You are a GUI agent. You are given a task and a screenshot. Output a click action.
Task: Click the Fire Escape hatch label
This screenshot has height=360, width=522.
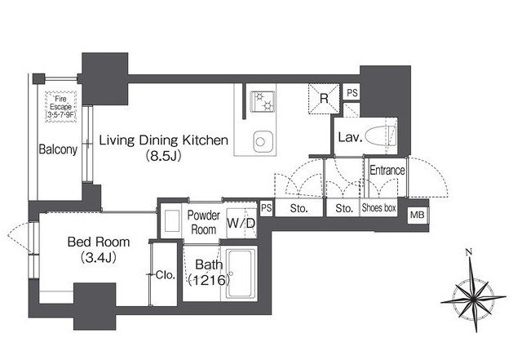click(x=61, y=107)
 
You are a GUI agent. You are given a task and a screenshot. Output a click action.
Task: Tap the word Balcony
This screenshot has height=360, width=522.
click(x=58, y=149)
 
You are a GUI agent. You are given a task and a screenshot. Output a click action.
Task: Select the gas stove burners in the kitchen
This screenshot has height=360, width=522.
click(x=263, y=101)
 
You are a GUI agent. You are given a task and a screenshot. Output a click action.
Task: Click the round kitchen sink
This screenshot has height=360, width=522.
click(x=261, y=142)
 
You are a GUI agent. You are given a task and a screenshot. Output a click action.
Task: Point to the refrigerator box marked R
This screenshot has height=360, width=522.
click(x=324, y=98)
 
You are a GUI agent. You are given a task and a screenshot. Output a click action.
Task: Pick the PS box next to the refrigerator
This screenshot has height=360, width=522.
click(x=352, y=92)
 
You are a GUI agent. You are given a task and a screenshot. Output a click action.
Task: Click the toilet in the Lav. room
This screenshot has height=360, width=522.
click(x=381, y=136)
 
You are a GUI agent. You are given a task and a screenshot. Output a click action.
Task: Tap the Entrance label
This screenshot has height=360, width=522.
click(x=387, y=171)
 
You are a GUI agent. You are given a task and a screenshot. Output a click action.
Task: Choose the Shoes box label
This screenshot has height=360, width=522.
click(x=378, y=208)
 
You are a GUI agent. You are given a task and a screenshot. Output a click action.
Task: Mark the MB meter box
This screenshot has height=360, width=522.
click(x=417, y=215)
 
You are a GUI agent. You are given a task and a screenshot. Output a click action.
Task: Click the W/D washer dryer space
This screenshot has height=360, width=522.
click(x=241, y=224)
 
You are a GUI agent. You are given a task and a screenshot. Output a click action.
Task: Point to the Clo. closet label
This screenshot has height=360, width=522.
click(x=165, y=275)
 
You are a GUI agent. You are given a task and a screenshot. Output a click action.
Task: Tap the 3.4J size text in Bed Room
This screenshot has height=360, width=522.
click(x=99, y=258)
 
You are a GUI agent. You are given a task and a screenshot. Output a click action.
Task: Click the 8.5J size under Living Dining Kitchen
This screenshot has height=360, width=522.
click(x=164, y=156)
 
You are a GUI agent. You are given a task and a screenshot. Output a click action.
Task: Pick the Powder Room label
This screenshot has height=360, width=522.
click(x=203, y=222)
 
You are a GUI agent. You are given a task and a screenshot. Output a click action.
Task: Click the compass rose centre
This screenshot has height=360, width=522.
click(x=473, y=297)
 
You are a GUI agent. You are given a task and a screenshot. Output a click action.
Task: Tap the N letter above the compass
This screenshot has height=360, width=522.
click(x=469, y=252)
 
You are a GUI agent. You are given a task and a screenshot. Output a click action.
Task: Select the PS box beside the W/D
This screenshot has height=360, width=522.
click(x=266, y=208)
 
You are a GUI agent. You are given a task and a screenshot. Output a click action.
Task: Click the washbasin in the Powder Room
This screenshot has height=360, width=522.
click(x=172, y=220)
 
